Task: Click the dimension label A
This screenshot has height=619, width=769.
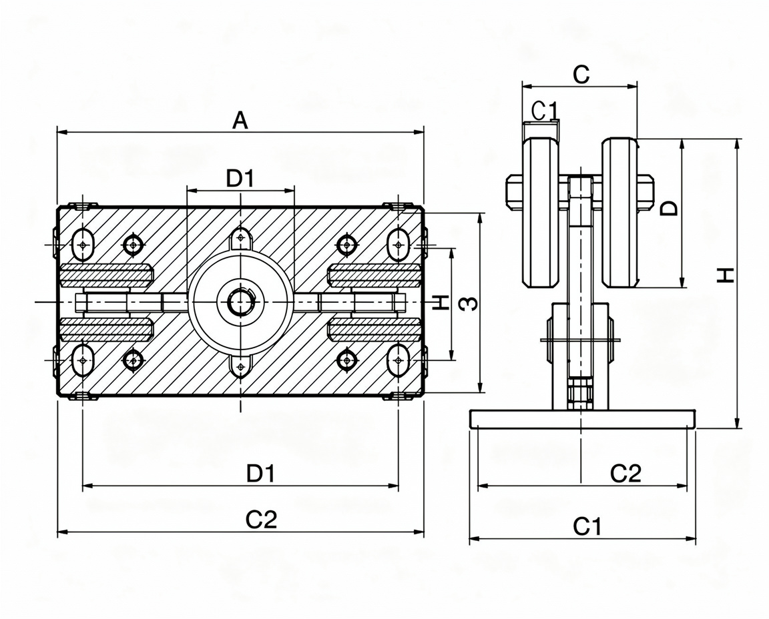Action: pyautogui.click(x=240, y=120)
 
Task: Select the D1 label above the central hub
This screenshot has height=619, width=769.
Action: pyautogui.click(x=240, y=179)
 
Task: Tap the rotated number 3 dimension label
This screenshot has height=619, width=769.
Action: pyautogui.click(x=469, y=304)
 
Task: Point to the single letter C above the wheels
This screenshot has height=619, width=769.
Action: pyautogui.click(x=581, y=75)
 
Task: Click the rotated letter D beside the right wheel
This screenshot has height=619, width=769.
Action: pyautogui.click(x=669, y=207)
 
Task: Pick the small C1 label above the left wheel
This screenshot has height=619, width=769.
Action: pyautogui.click(x=544, y=111)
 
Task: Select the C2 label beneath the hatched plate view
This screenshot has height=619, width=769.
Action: pyautogui.click(x=262, y=520)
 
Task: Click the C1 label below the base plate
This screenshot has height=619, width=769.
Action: pyautogui.click(x=587, y=528)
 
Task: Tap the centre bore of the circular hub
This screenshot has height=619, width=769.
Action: pyautogui.click(x=240, y=301)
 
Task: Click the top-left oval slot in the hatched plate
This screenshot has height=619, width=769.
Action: pyautogui.click(x=83, y=243)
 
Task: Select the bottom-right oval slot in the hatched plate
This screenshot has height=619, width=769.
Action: pyautogui.click(x=399, y=360)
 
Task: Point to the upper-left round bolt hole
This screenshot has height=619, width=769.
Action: pyautogui.click(x=133, y=244)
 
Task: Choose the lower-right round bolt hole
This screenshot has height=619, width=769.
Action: pyautogui.click(x=348, y=361)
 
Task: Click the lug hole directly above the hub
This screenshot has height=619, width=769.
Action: pyautogui.click(x=240, y=237)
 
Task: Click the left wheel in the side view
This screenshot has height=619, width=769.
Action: pyautogui.click(x=541, y=213)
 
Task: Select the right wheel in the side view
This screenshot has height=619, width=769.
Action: pyautogui.click(x=620, y=213)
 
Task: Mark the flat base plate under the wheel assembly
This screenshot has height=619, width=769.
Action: pyautogui.click(x=583, y=418)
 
